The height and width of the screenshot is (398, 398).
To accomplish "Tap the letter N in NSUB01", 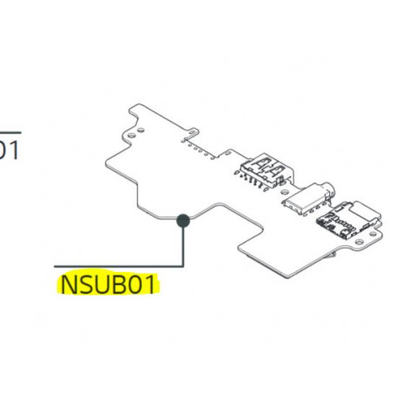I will (65, 284).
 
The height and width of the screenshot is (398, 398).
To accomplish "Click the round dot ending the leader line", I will (183, 221).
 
